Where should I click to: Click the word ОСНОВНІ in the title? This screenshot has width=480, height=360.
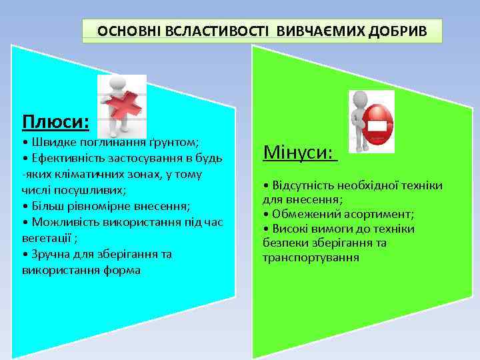click(125, 31)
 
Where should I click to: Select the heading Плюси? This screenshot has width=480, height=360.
click(55, 122)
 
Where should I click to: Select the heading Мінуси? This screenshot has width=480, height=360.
click(298, 153)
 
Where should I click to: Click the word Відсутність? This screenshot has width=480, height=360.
click(303, 185)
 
